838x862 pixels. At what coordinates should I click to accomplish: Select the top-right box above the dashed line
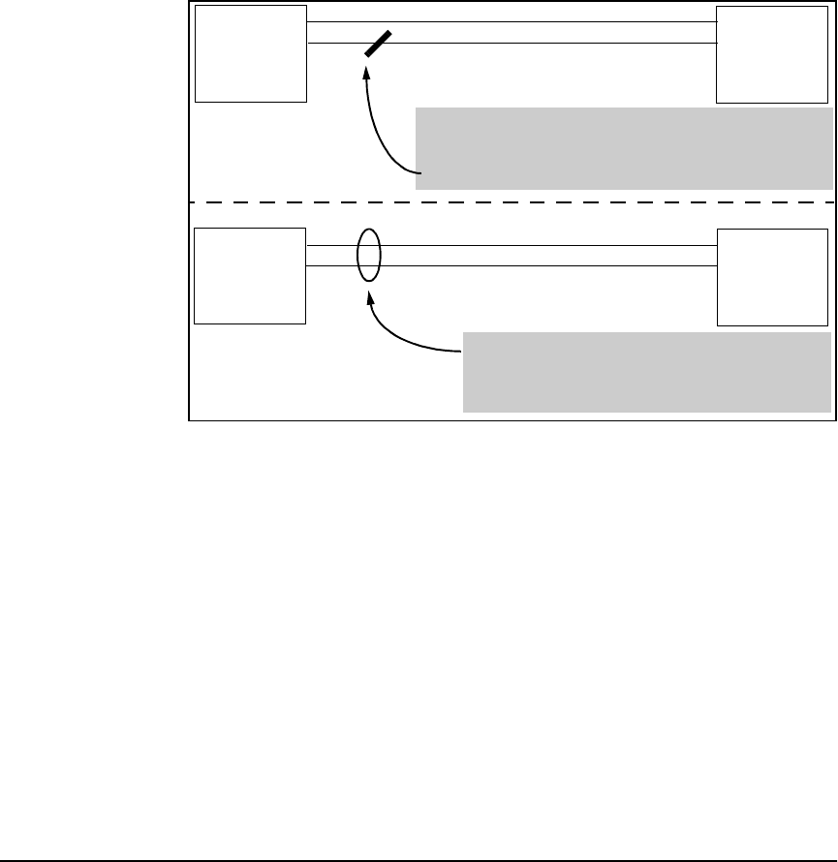(772, 53)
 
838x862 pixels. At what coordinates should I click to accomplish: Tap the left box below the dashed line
(250, 275)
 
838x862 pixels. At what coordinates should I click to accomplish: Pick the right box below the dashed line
(772, 276)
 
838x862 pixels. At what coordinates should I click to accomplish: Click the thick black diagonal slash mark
(378, 44)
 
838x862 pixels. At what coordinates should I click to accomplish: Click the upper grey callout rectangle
(625, 147)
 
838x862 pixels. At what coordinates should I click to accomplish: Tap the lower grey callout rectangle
(647, 372)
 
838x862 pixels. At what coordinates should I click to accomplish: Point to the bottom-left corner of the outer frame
(189, 420)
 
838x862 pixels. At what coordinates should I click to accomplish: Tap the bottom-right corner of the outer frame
(835, 420)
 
